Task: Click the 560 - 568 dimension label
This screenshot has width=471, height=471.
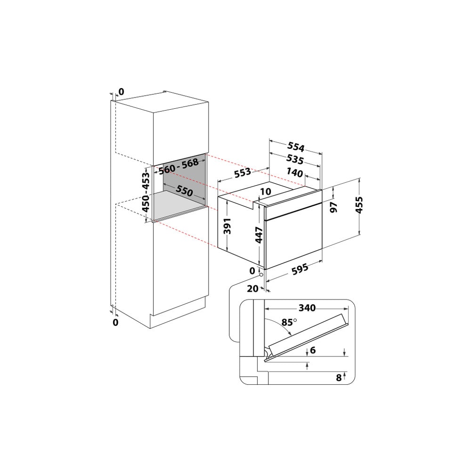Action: [178, 167]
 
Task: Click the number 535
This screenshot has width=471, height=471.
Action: [295, 159]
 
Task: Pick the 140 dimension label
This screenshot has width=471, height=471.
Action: [294, 172]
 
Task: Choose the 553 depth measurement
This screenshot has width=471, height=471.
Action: [242, 173]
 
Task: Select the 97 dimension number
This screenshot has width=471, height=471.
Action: [334, 208]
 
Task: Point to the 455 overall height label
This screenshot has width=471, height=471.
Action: [359, 205]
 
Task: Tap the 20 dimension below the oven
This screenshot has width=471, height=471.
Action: [253, 289]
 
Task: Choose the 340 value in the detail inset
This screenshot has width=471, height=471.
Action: [307, 308]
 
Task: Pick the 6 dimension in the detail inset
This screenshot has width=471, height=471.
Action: [313, 350]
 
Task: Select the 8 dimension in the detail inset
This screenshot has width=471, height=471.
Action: [339, 377]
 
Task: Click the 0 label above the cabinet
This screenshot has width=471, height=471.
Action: [121, 91]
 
